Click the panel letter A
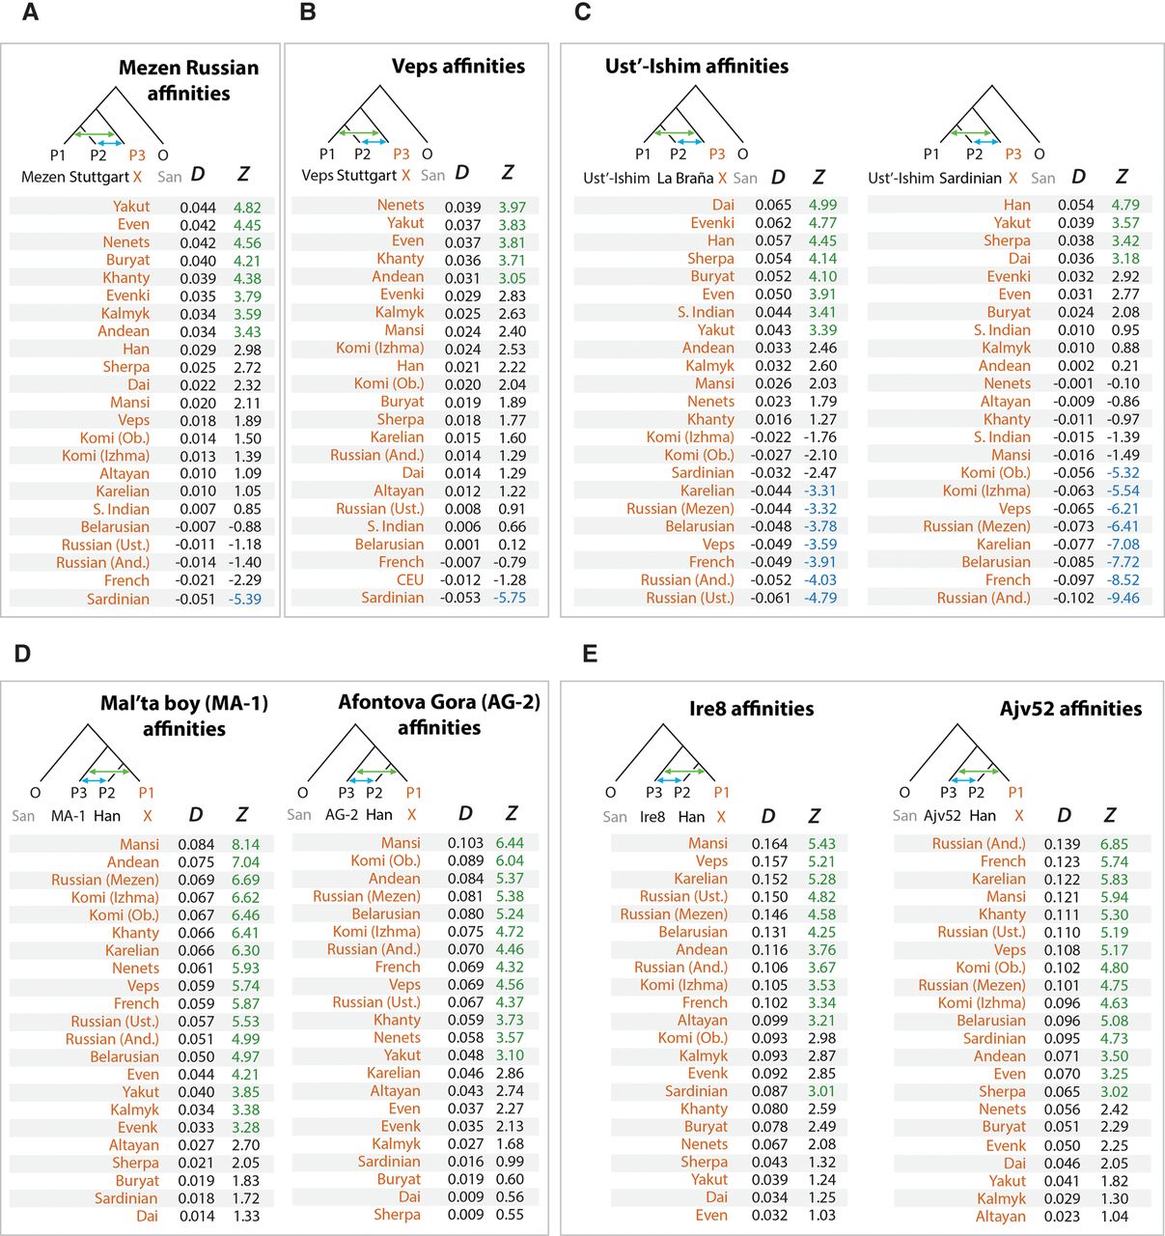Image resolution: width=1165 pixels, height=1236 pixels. pos(31,13)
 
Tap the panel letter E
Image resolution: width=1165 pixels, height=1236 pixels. pos(590,654)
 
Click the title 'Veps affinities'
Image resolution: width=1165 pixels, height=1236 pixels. pos(458,66)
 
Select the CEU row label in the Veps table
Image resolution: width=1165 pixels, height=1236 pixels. pos(410,580)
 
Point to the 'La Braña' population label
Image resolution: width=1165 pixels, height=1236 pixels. pos(685,179)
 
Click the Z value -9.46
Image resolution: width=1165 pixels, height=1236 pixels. pos(1123,598)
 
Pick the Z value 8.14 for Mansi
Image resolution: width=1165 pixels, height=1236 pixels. pos(245,845)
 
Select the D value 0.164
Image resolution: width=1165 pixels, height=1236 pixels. pos(769,844)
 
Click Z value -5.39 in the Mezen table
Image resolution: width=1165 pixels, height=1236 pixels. pos(244,600)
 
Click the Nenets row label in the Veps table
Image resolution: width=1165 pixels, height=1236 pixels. pos(401,206)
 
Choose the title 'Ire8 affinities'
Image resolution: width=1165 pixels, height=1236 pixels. pos(751,709)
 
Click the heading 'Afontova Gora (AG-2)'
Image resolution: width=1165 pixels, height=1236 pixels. pos(439,702)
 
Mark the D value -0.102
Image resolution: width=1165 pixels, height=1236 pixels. pos(1073,598)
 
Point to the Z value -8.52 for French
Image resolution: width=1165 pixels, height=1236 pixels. pos(1123,580)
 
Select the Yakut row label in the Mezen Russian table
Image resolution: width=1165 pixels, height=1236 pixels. pos(131,207)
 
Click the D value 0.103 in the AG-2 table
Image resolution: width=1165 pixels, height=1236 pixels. pos(465,843)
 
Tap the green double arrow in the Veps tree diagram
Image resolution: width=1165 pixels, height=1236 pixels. pos(356,132)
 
